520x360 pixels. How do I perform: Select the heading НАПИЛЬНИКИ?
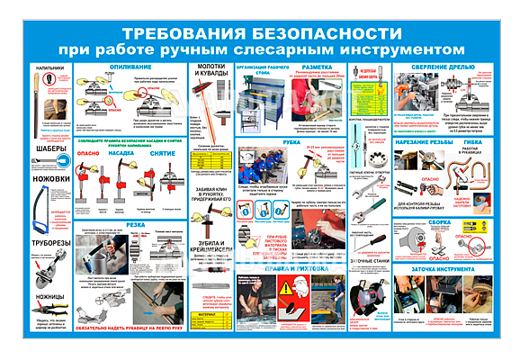click(x=49, y=68)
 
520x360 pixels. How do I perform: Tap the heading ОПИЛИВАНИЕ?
click(x=131, y=67)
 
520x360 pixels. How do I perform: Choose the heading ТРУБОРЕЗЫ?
click(x=49, y=241)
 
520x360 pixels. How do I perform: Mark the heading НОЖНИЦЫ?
click(x=49, y=296)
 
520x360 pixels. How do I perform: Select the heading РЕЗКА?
click(x=131, y=226)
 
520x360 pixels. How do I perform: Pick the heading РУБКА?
click(x=292, y=143)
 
